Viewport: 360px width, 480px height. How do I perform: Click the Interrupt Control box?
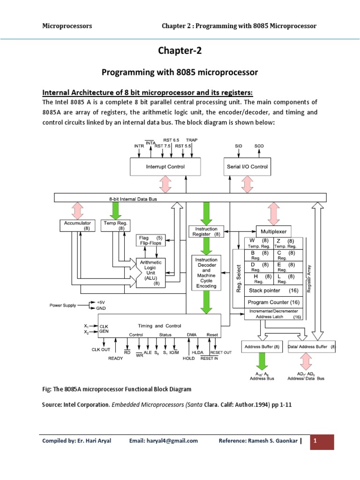(165, 166)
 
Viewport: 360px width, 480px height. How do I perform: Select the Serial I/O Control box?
(247, 166)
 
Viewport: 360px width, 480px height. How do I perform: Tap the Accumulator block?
(78, 225)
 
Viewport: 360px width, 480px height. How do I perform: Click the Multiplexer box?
(274, 231)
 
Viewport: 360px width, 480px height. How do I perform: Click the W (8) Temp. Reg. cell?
(257, 243)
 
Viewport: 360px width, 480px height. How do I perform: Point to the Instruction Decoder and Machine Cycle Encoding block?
(206, 272)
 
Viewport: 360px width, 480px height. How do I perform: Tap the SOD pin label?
(259, 146)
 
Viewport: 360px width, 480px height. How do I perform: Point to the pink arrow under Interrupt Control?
(165, 185)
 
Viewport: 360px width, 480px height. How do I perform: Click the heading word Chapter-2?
(180, 51)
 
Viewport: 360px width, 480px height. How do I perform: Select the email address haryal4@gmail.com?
(173, 441)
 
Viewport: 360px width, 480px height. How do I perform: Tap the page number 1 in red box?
(316, 441)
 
